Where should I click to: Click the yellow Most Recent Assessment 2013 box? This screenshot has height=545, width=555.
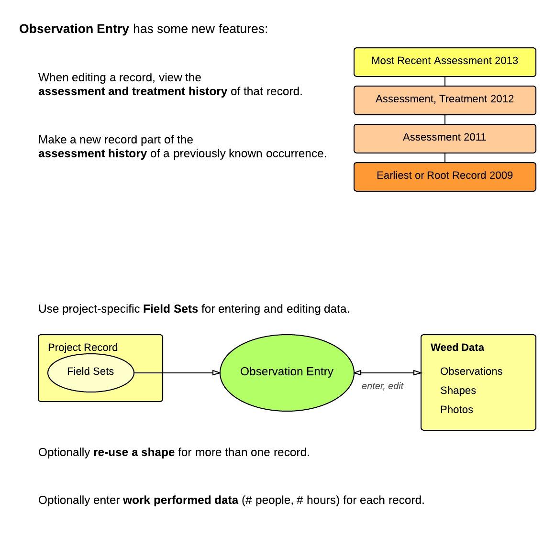click(x=444, y=62)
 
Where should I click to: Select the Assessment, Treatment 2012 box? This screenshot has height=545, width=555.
click(x=444, y=100)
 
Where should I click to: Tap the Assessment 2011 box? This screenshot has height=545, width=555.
click(x=444, y=138)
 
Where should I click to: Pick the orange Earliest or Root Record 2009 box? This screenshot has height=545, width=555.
click(x=444, y=176)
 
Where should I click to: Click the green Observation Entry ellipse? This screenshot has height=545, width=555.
click(x=287, y=372)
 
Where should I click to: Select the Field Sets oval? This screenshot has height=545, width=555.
click(x=90, y=372)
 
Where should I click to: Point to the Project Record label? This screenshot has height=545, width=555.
click(x=83, y=348)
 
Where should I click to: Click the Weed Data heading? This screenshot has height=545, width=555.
click(x=457, y=348)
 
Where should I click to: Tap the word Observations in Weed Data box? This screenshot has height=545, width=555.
click(x=471, y=371)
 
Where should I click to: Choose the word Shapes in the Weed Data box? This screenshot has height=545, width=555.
click(x=458, y=391)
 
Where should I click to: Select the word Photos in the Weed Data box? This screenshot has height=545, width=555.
click(x=456, y=410)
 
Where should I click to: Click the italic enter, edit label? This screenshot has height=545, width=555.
click(x=382, y=386)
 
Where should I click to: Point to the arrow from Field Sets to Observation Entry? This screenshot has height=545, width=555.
click(x=177, y=372)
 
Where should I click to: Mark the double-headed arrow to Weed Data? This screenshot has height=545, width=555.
click(x=388, y=373)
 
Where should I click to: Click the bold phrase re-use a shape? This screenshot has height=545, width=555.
click(x=133, y=452)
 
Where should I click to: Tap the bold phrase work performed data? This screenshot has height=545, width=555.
click(x=180, y=500)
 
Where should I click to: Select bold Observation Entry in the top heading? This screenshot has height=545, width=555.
click(x=74, y=29)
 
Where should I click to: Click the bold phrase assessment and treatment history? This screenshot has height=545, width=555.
click(x=133, y=91)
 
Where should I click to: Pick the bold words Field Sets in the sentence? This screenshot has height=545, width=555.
click(x=170, y=309)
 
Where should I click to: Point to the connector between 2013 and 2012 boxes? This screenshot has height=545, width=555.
click(x=445, y=81)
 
